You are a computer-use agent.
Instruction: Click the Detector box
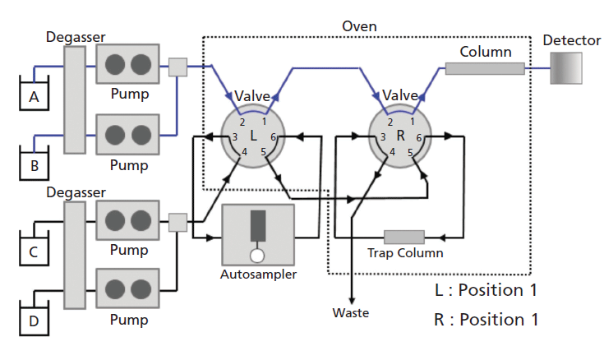565,68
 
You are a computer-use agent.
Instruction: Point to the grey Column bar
485,69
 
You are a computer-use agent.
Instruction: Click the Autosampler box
258,233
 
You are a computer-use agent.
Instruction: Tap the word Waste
351,312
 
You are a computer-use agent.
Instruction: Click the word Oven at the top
359,26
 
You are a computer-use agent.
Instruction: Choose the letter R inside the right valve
400,134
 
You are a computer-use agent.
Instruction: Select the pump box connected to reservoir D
127,288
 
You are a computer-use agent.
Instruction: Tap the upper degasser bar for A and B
74,99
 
